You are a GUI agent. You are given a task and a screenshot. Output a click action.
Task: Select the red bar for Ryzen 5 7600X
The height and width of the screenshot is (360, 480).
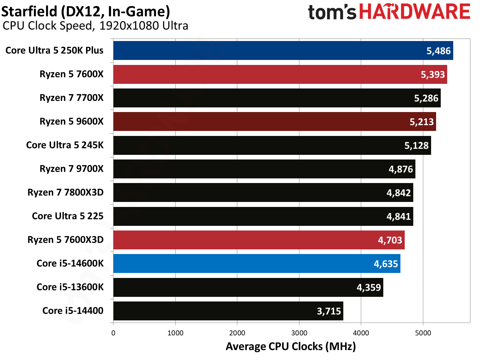tap(280, 74)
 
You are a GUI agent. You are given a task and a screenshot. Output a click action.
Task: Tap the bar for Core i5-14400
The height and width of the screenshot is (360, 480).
tap(228, 311)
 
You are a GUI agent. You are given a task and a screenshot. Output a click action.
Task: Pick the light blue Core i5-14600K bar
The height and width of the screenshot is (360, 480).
tap(257, 264)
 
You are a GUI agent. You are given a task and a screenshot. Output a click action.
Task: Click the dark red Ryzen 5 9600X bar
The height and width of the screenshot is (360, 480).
tap(274, 122)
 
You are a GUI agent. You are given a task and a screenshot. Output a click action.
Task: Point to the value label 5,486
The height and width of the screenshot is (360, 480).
tap(438, 51)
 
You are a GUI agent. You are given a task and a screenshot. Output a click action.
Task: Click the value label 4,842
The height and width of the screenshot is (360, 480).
tap(398, 193)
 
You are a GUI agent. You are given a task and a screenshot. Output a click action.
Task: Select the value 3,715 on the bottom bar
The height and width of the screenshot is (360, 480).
tap(329, 311)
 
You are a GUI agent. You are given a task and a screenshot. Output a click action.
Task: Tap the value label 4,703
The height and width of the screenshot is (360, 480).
tap(390, 240)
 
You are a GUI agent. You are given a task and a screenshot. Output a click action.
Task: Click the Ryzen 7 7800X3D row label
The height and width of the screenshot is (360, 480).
tap(65, 193)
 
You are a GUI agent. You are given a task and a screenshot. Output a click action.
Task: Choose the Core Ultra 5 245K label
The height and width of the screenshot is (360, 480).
tap(65, 145)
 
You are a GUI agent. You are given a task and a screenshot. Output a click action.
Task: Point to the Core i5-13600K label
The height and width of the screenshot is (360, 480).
tap(70, 287)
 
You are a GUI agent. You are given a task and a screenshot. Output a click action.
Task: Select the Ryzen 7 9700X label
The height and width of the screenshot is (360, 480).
tap(71, 169)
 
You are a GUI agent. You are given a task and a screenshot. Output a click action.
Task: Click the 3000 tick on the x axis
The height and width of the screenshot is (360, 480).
tap(299, 333)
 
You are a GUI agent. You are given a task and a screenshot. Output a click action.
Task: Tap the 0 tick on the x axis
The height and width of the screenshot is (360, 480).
tap(113, 333)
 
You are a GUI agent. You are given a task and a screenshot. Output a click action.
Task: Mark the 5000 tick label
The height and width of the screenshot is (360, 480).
tap(423, 333)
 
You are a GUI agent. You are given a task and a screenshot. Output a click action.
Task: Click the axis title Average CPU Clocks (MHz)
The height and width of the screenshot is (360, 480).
tap(290, 346)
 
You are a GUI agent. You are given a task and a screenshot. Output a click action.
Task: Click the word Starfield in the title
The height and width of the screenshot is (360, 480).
tap(29, 11)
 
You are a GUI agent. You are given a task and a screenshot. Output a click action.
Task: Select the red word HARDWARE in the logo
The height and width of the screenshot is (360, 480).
tap(414, 12)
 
